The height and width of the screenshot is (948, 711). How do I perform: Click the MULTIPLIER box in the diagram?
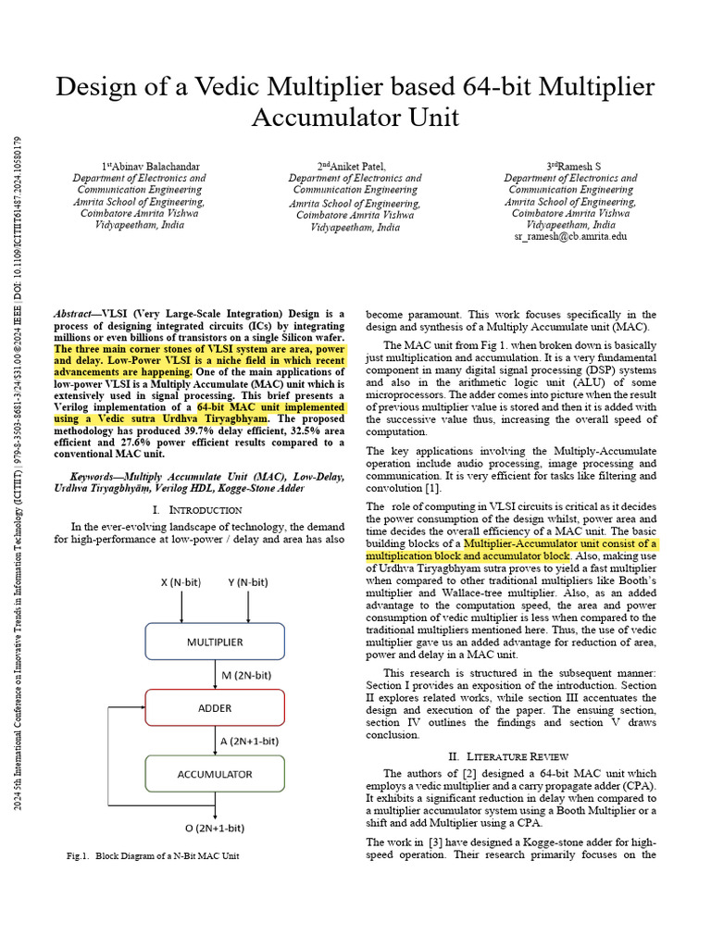[x=217, y=641]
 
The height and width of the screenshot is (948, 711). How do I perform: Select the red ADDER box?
[x=217, y=707]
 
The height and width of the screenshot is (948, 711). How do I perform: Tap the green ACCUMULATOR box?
[x=217, y=774]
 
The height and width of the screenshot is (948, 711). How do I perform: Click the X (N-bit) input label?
[x=182, y=583]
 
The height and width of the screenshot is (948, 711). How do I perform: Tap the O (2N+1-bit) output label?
[x=215, y=827]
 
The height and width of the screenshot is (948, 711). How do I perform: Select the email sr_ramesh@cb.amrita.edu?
[x=570, y=237]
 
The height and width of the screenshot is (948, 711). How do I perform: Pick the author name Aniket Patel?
[x=355, y=167]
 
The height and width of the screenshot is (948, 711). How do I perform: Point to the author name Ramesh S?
[x=570, y=167]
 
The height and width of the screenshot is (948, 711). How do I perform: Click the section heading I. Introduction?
[x=196, y=509]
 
